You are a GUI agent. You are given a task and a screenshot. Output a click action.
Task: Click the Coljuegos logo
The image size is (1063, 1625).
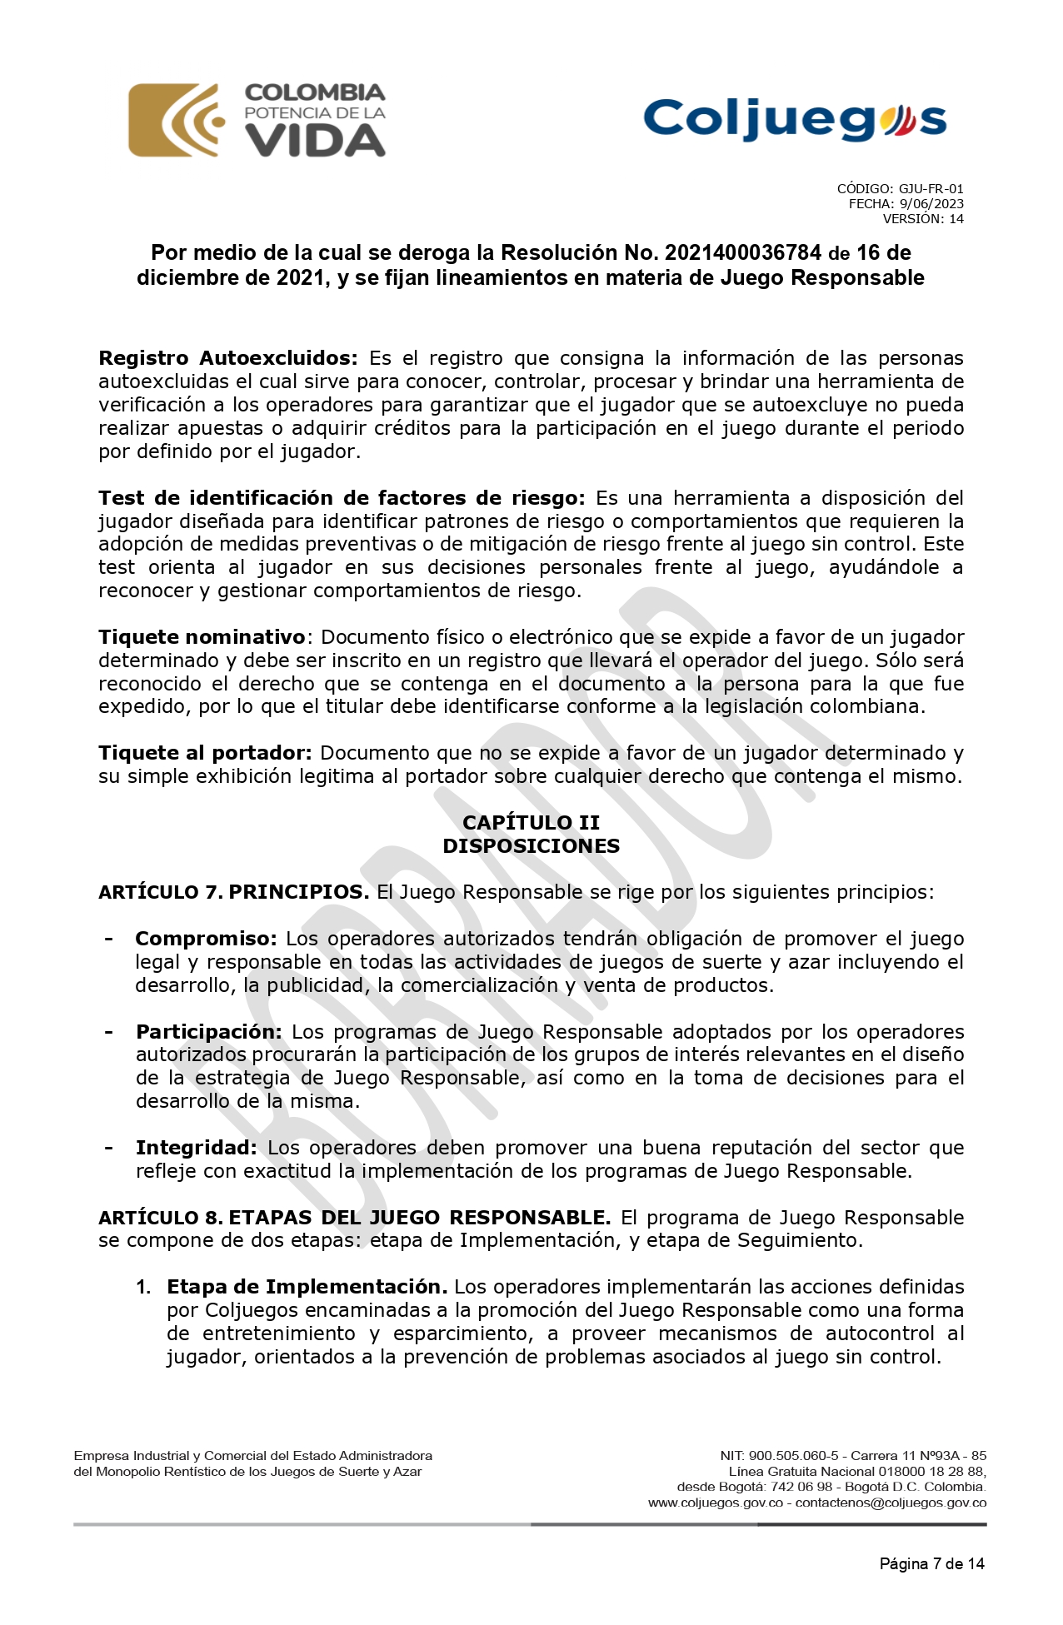(x=795, y=119)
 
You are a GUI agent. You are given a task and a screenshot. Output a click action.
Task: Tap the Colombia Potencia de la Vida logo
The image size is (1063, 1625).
(x=257, y=120)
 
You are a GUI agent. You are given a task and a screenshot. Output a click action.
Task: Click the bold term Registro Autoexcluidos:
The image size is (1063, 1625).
(x=227, y=358)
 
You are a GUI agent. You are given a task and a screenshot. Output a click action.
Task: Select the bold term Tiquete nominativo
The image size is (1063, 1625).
(x=202, y=637)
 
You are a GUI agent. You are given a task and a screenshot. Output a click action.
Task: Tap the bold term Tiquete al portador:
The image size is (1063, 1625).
(x=205, y=753)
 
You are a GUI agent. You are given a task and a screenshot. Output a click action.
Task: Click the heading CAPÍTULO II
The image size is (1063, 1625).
(x=531, y=822)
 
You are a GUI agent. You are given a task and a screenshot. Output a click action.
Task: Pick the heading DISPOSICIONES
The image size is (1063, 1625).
(x=531, y=845)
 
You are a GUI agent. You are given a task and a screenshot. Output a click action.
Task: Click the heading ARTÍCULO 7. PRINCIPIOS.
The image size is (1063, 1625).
(x=233, y=892)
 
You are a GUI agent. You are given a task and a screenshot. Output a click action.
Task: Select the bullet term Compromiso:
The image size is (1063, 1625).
(x=206, y=939)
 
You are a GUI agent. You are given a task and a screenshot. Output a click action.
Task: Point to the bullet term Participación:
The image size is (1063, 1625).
(x=209, y=1032)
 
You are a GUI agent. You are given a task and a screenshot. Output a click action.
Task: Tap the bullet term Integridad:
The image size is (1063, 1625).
(x=196, y=1148)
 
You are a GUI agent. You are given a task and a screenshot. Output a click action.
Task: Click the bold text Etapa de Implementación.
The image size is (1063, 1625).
(x=307, y=1287)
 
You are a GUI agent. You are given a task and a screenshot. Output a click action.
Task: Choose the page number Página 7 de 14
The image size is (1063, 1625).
(x=931, y=1563)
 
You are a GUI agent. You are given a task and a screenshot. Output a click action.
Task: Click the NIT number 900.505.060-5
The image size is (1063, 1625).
(x=793, y=1456)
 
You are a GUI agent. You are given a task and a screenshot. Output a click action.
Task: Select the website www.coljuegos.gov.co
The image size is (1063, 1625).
(x=715, y=1503)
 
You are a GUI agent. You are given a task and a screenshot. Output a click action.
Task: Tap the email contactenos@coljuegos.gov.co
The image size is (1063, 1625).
(x=891, y=1503)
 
